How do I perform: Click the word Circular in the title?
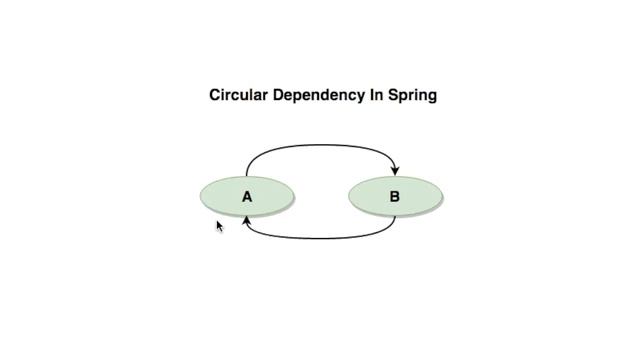point(238,96)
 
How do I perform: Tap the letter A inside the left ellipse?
point(247,197)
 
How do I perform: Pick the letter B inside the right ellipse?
point(394,197)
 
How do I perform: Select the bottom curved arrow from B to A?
point(320,238)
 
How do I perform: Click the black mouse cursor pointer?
point(220,227)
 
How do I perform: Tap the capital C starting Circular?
point(215,96)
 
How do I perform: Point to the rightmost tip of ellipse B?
point(442,196)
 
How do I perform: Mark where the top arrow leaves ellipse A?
point(247,176)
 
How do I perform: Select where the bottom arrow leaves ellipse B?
point(394,216)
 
